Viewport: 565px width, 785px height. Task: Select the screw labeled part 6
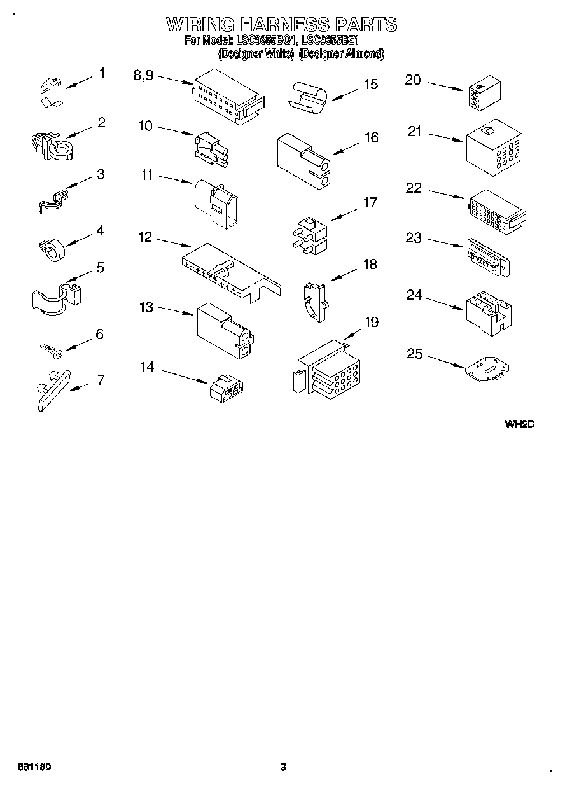49,348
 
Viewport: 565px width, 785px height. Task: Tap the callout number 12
145,237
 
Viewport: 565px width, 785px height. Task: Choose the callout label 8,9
143,75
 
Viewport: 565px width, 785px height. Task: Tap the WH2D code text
519,424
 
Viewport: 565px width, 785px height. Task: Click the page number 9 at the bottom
283,767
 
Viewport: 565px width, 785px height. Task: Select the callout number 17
370,203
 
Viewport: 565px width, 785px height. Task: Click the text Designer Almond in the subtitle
342,54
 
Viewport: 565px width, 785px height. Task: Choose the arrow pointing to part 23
446,243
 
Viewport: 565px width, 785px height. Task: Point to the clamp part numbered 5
55,297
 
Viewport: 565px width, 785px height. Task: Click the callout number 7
101,380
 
